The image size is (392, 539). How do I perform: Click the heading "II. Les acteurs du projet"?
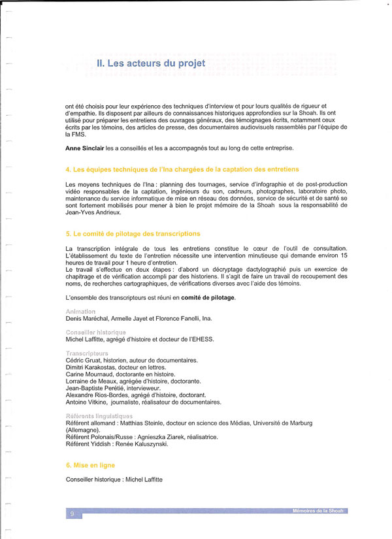click(x=150, y=63)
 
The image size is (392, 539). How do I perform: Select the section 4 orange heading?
click(x=182, y=169)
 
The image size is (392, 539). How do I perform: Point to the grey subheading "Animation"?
click(x=80, y=312)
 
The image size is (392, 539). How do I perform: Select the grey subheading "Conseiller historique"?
click(x=95, y=333)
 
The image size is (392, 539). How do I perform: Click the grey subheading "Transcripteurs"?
click(x=87, y=353)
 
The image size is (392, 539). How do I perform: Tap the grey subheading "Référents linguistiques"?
click(x=99, y=416)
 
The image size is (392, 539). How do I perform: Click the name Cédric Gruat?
click(x=85, y=360)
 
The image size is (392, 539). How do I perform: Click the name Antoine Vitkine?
click(x=86, y=402)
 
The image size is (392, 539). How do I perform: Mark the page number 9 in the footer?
click(x=72, y=514)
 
